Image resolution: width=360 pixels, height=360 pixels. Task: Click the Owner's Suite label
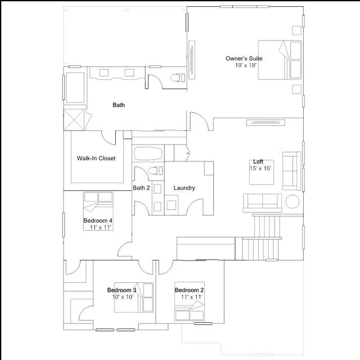244,58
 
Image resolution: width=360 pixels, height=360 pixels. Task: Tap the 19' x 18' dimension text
246,65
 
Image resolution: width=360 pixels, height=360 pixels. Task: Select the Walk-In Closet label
96,158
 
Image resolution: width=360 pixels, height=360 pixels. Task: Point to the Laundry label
184,188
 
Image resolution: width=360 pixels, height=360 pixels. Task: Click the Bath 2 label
141,188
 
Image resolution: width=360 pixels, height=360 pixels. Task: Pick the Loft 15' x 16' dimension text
260,168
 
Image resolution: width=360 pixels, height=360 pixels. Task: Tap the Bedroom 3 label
121,290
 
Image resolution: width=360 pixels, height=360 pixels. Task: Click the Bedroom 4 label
98,220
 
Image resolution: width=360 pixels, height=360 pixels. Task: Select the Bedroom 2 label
189,290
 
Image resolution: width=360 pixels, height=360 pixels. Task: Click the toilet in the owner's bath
178,78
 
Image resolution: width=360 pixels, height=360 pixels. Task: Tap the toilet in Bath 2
155,170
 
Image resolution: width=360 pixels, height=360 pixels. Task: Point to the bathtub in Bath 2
148,154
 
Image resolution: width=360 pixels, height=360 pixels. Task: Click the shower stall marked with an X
74,120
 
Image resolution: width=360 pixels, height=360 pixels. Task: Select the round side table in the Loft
292,201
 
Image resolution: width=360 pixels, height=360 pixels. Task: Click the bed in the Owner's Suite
280,60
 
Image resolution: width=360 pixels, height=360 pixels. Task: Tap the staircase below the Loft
262,237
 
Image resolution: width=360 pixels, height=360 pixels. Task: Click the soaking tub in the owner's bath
75,88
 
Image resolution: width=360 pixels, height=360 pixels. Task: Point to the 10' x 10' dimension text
123,297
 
